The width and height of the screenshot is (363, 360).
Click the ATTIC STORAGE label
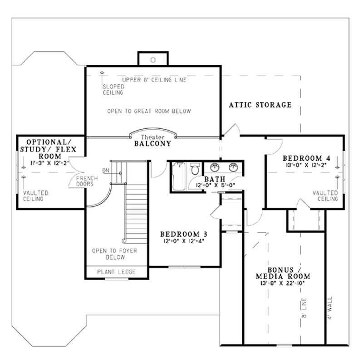pyautogui.click(x=260, y=105)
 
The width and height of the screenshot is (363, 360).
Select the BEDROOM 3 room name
pyautogui.click(x=184, y=234)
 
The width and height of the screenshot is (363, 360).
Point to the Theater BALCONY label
pyautogui.click(x=152, y=141)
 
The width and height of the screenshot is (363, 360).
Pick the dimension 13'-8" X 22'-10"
pyautogui.click(x=283, y=283)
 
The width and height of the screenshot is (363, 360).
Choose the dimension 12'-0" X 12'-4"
pyautogui.click(x=184, y=241)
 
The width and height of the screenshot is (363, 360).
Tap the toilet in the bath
pyautogui.click(x=195, y=170)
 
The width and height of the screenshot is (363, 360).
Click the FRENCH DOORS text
pyautogui.click(x=85, y=181)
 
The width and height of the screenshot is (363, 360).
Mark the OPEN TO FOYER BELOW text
pyautogui.click(x=114, y=253)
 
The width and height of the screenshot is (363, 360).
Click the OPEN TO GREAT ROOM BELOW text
pyautogui.click(x=149, y=111)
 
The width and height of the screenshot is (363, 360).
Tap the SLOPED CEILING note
pyautogui.click(x=112, y=89)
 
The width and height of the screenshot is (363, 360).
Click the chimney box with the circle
pyautogui.click(x=153, y=59)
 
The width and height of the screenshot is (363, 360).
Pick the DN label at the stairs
pyautogui.click(x=106, y=170)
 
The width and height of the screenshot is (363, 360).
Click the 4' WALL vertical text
pyautogui.click(x=330, y=308)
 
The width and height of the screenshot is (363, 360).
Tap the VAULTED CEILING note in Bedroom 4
pyautogui.click(x=325, y=196)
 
